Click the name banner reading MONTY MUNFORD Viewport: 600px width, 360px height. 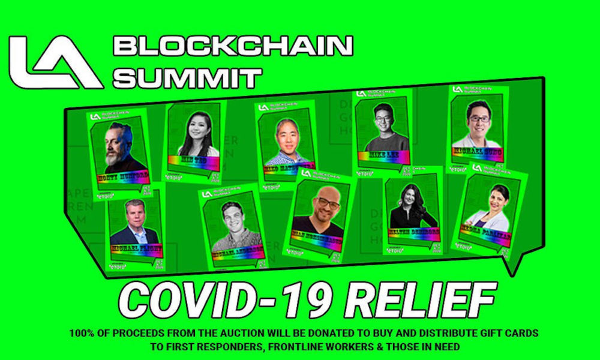[123, 176]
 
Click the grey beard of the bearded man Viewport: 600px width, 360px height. [118, 158]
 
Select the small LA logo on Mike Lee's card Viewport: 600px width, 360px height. [361, 94]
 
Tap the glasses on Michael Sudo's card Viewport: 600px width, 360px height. [478, 118]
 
